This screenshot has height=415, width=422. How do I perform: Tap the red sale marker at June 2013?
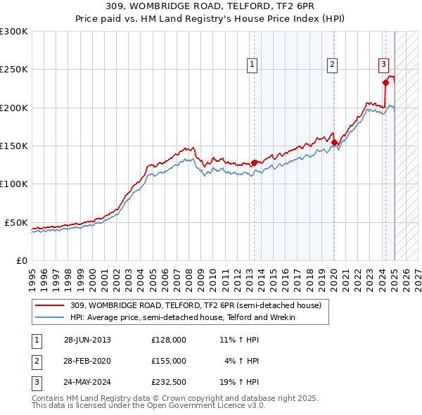click(x=254, y=162)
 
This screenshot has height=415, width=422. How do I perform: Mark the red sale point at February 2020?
click(x=334, y=142)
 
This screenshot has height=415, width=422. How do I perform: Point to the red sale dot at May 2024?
click(x=385, y=83)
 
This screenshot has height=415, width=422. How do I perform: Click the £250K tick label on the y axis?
click(x=14, y=70)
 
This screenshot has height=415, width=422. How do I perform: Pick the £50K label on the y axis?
click(x=16, y=222)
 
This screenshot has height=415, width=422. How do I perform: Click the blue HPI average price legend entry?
click(x=182, y=317)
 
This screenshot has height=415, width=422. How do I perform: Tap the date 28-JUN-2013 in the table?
click(x=87, y=340)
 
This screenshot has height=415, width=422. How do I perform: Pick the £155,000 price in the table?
click(x=168, y=361)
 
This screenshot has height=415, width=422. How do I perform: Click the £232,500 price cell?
click(x=168, y=382)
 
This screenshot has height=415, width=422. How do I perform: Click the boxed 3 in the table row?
click(x=35, y=382)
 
